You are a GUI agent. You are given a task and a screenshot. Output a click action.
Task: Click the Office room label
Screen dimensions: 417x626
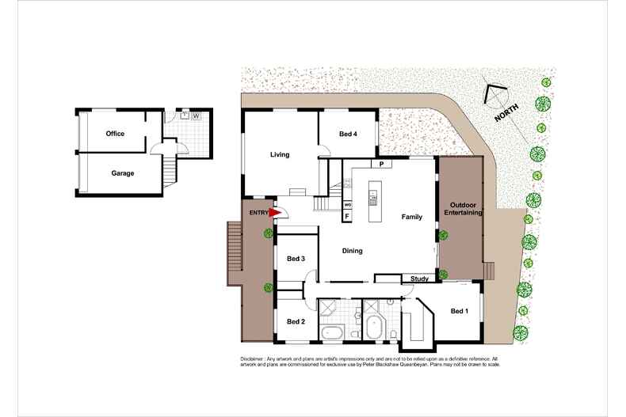click(115, 134)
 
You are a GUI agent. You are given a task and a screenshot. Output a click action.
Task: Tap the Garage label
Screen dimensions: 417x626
click(122, 172)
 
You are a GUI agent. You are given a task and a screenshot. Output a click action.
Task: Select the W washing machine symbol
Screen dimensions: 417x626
click(195, 116)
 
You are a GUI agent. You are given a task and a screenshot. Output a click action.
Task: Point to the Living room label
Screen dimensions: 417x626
click(279, 154)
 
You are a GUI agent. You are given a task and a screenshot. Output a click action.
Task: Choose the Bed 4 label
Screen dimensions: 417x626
click(348, 134)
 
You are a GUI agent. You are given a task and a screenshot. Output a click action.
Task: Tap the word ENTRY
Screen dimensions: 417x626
click(258, 213)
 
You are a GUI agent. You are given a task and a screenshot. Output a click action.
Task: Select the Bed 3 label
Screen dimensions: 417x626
click(296, 259)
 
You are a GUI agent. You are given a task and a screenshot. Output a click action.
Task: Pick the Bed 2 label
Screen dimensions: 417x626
click(296, 321)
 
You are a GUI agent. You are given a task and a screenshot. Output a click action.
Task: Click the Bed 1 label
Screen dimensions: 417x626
click(460, 311)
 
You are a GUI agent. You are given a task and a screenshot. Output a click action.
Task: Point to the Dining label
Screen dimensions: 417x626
click(352, 251)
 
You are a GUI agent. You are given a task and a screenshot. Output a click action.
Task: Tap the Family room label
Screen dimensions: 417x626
click(411, 217)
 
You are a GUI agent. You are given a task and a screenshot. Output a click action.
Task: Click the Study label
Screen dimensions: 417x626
click(419, 279)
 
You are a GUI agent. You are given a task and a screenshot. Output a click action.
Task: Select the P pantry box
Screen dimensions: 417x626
click(381, 165)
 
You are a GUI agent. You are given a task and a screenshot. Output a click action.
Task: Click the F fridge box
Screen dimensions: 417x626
click(347, 215)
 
